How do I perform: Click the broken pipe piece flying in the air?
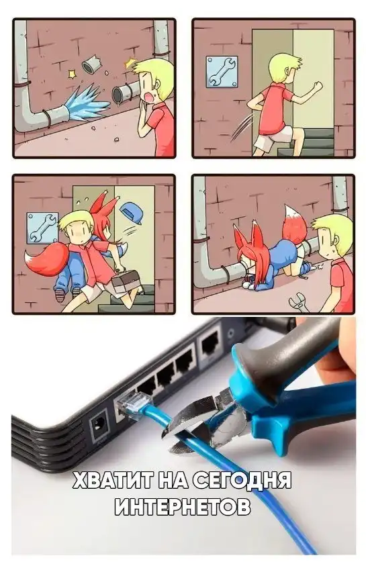point(91,64)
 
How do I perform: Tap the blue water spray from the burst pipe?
point(87,102)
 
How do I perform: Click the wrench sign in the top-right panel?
point(222,72)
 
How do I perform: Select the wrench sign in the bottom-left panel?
point(42,228)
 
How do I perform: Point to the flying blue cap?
point(131,213)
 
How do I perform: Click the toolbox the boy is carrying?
point(126,280)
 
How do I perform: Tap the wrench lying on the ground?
point(300,301)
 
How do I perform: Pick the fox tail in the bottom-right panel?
point(294,223)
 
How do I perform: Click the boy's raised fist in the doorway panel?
point(318,87)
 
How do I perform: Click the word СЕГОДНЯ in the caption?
point(242,480)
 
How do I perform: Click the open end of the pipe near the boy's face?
point(118,94)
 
